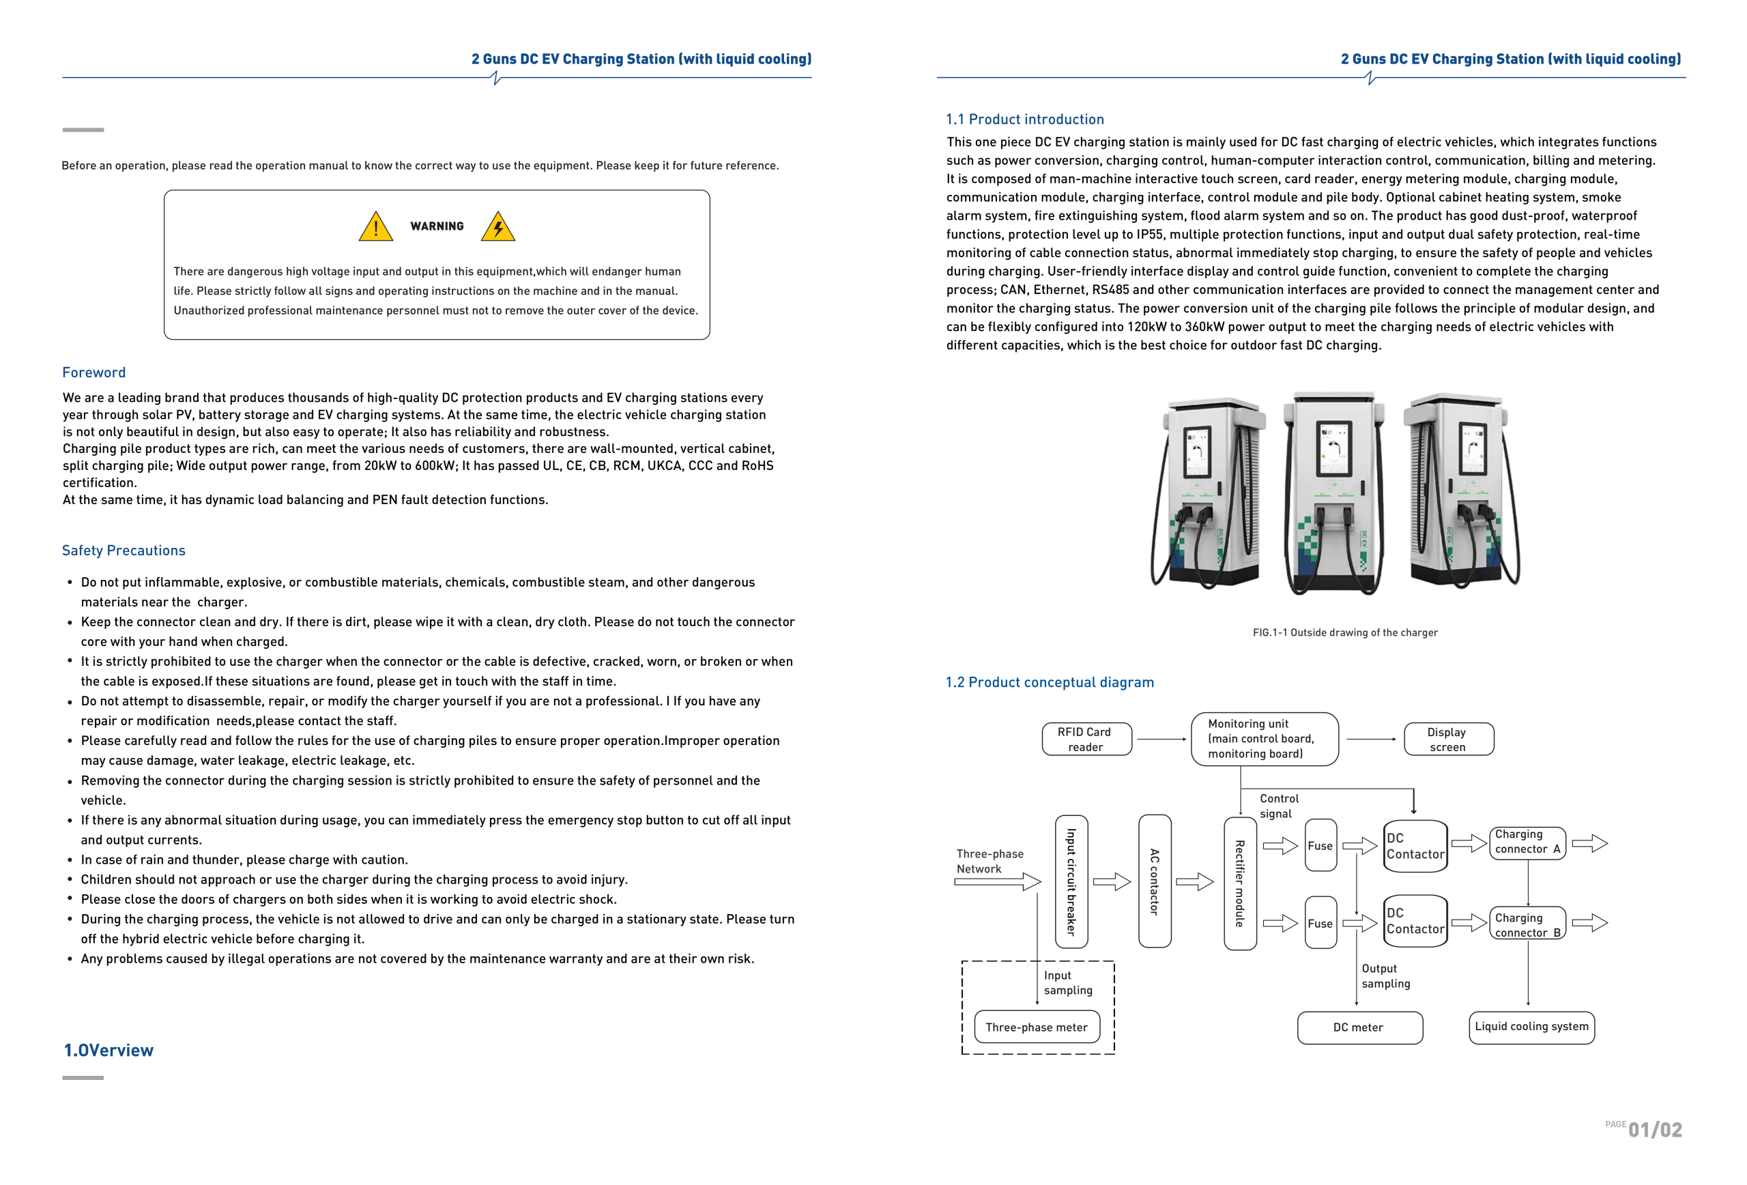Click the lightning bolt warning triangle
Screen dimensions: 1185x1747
tap(497, 227)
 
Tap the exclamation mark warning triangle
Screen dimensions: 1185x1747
tap(376, 227)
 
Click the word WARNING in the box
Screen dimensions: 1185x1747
tap(437, 226)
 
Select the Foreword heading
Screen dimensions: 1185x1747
tap(94, 372)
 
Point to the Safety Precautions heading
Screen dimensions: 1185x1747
tap(124, 551)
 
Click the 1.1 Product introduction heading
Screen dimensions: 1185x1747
tap(1024, 119)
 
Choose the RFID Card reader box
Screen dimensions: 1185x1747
tap(1086, 740)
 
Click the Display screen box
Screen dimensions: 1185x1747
tap(1448, 740)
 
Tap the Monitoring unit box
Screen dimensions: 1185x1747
tap(1265, 740)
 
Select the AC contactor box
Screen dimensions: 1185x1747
tap(1155, 881)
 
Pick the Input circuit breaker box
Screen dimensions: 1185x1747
tap(1071, 881)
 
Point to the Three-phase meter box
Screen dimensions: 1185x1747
tap(1037, 1027)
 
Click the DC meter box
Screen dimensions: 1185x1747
tap(1359, 1027)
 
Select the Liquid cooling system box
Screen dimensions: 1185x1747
tap(1531, 1027)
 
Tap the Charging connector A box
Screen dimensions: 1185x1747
tap(1527, 843)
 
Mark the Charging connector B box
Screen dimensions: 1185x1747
tap(1527, 924)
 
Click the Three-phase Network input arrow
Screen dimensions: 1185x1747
tap(997, 882)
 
